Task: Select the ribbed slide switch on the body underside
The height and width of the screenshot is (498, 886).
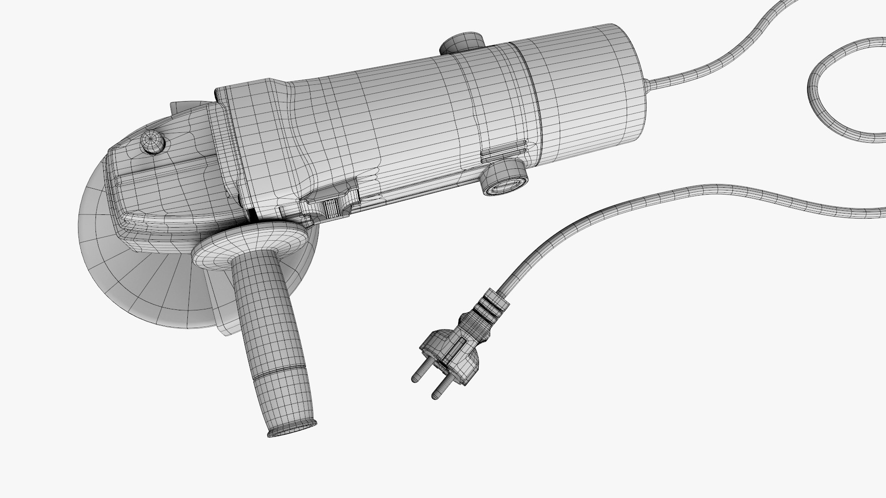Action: coord(332,207)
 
